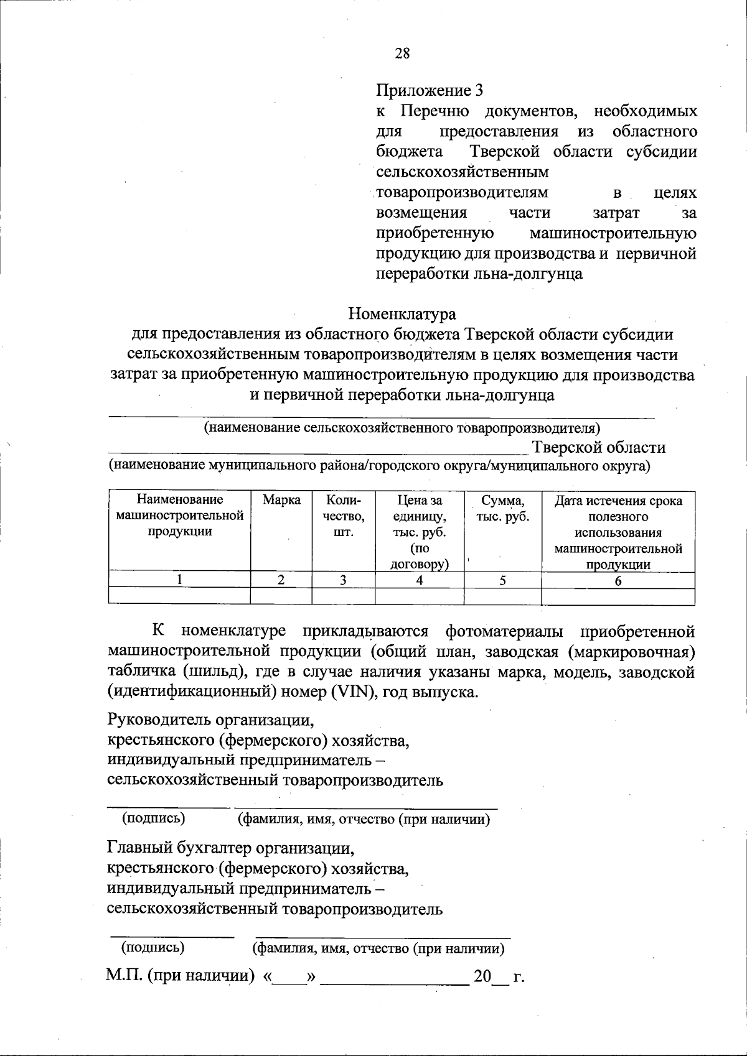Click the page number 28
402,53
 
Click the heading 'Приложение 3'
430,91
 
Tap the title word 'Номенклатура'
402,313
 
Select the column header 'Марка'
281,501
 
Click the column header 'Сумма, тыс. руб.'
502,509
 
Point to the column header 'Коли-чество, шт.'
343,516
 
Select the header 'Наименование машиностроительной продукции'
179,516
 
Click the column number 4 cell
420,581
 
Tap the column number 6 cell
618,581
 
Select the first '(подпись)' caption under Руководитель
154,818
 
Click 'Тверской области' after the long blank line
598,448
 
